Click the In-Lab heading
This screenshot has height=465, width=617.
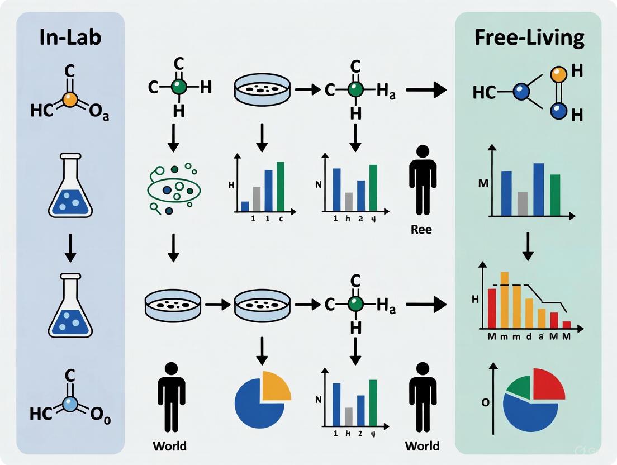click(70, 37)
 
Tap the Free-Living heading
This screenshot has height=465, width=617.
click(529, 37)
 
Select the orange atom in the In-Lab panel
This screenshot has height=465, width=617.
click(69, 99)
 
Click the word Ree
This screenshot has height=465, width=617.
click(421, 229)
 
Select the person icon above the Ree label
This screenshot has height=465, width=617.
click(423, 180)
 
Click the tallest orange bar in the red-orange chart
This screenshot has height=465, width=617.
click(504, 300)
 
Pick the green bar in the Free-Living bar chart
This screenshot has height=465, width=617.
click(555, 195)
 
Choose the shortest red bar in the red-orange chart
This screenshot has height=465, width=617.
click(566, 324)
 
